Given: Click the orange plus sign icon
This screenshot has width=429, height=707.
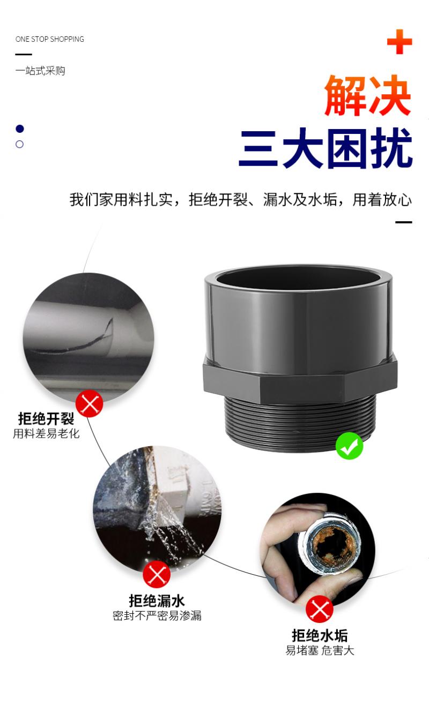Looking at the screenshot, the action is [x=400, y=42].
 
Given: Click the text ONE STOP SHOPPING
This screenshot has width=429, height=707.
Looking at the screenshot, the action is [x=49, y=39].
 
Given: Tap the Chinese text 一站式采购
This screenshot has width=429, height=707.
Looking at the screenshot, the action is [x=40, y=71].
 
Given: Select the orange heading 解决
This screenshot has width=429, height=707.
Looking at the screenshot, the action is [x=368, y=95].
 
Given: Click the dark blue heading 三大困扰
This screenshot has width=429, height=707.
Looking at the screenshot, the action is [x=326, y=148].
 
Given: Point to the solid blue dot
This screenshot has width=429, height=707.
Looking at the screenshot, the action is [x=20, y=129].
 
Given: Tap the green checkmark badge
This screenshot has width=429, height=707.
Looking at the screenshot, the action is [x=349, y=446].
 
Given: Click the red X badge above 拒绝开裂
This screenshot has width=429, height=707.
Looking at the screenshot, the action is [x=90, y=403].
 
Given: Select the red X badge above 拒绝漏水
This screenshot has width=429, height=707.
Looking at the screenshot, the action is [x=157, y=574].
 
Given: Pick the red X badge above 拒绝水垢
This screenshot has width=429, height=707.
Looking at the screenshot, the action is [x=320, y=609].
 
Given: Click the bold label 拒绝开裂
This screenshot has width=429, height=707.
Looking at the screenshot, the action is [x=46, y=419].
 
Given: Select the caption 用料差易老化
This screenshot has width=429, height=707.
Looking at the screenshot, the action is [x=46, y=434].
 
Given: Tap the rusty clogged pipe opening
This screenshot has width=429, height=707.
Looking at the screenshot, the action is [x=334, y=543].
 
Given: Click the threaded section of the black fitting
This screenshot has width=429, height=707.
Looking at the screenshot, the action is [x=299, y=423].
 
